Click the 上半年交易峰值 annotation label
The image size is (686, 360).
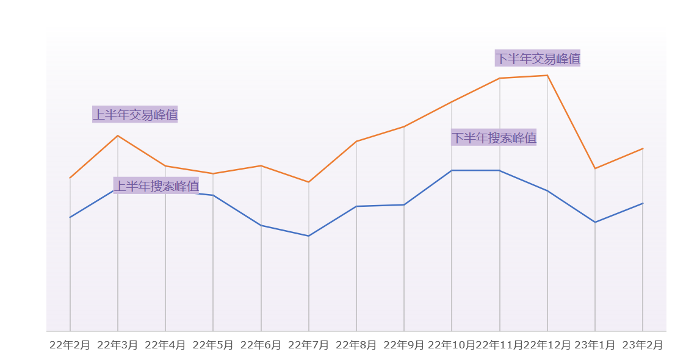click(x=135, y=114)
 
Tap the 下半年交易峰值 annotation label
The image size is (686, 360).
click(x=537, y=59)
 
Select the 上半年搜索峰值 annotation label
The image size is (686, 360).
click(x=156, y=185)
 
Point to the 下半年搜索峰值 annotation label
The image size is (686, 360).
click(x=494, y=137)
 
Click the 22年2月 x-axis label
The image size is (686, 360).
click(x=70, y=345)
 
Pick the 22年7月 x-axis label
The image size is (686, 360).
click(x=308, y=345)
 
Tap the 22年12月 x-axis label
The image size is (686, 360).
click(x=547, y=345)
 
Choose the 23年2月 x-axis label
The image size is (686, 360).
click(x=642, y=345)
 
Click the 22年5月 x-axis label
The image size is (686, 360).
click(x=213, y=345)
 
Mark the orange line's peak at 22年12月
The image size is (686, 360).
click(x=547, y=76)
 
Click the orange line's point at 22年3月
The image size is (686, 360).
click(x=118, y=135)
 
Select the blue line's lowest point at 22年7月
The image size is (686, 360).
click(x=309, y=236)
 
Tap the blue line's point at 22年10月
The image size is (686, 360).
click(x=452, y=170)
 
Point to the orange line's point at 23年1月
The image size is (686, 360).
click(x=595, y=168)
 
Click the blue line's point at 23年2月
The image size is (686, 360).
click(x=643, y=203)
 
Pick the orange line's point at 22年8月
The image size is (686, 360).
click(x=356, y=142)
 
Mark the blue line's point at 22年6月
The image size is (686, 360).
click(x=261, y=226)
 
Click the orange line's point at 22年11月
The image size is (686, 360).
click(x=500, y=78)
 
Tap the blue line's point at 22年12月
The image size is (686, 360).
click(x=547, y=191)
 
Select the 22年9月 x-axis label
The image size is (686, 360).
click(x=403, y=345)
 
